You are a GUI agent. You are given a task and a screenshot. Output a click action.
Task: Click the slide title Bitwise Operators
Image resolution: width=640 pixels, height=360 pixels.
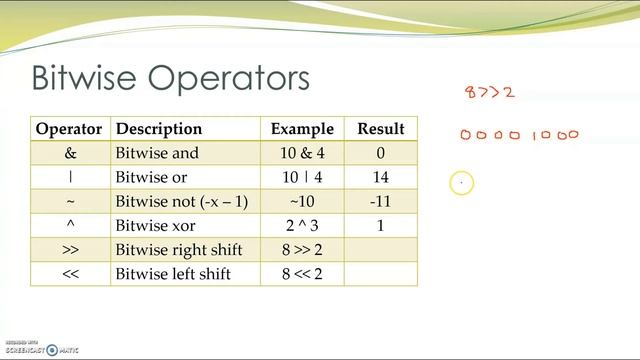click(170, 78)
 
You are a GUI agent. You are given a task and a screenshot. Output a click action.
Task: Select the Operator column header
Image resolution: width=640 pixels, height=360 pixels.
click(69, 129)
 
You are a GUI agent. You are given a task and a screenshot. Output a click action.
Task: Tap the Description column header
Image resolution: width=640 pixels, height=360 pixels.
click(159, 129)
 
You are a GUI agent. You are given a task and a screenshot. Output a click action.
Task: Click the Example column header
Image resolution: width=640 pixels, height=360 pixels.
click(302, 129)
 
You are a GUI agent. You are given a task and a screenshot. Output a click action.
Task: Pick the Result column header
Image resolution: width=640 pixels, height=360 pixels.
click(380, 129)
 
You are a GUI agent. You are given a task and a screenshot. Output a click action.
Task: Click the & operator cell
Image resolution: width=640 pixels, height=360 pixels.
click(69, 153)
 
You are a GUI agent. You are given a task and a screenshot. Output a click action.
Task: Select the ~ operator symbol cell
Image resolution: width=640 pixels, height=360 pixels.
click(69, 202)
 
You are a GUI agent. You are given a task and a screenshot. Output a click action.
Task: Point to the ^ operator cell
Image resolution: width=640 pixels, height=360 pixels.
click(69, 226)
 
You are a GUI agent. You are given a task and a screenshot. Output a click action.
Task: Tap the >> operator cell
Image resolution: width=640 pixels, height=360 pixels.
click(69, 250)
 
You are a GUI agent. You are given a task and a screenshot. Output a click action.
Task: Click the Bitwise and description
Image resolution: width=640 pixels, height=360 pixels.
click(158, 153)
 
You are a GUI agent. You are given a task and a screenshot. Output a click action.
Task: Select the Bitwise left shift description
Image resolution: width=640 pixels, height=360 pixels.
click(175, 274)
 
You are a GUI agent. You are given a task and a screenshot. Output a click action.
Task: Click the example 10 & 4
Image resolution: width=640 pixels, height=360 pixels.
click(302, 153)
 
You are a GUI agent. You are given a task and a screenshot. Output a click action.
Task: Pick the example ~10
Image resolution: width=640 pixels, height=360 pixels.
click(302, 202)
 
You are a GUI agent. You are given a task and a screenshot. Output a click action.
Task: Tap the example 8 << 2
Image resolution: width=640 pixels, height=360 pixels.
click(302, 274)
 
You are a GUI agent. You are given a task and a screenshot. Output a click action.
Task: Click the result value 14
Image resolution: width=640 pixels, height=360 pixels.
click(380, 178)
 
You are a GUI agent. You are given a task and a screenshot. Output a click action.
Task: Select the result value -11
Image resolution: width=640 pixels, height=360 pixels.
click(380, 202)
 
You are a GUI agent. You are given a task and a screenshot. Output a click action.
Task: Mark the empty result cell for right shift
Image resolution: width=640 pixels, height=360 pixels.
click(380, 250)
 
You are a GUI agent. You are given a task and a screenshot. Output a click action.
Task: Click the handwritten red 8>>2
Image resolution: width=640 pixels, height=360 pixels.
click(490, 93)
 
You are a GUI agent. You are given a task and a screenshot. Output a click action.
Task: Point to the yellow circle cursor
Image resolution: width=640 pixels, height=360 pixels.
click(461, 183)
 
